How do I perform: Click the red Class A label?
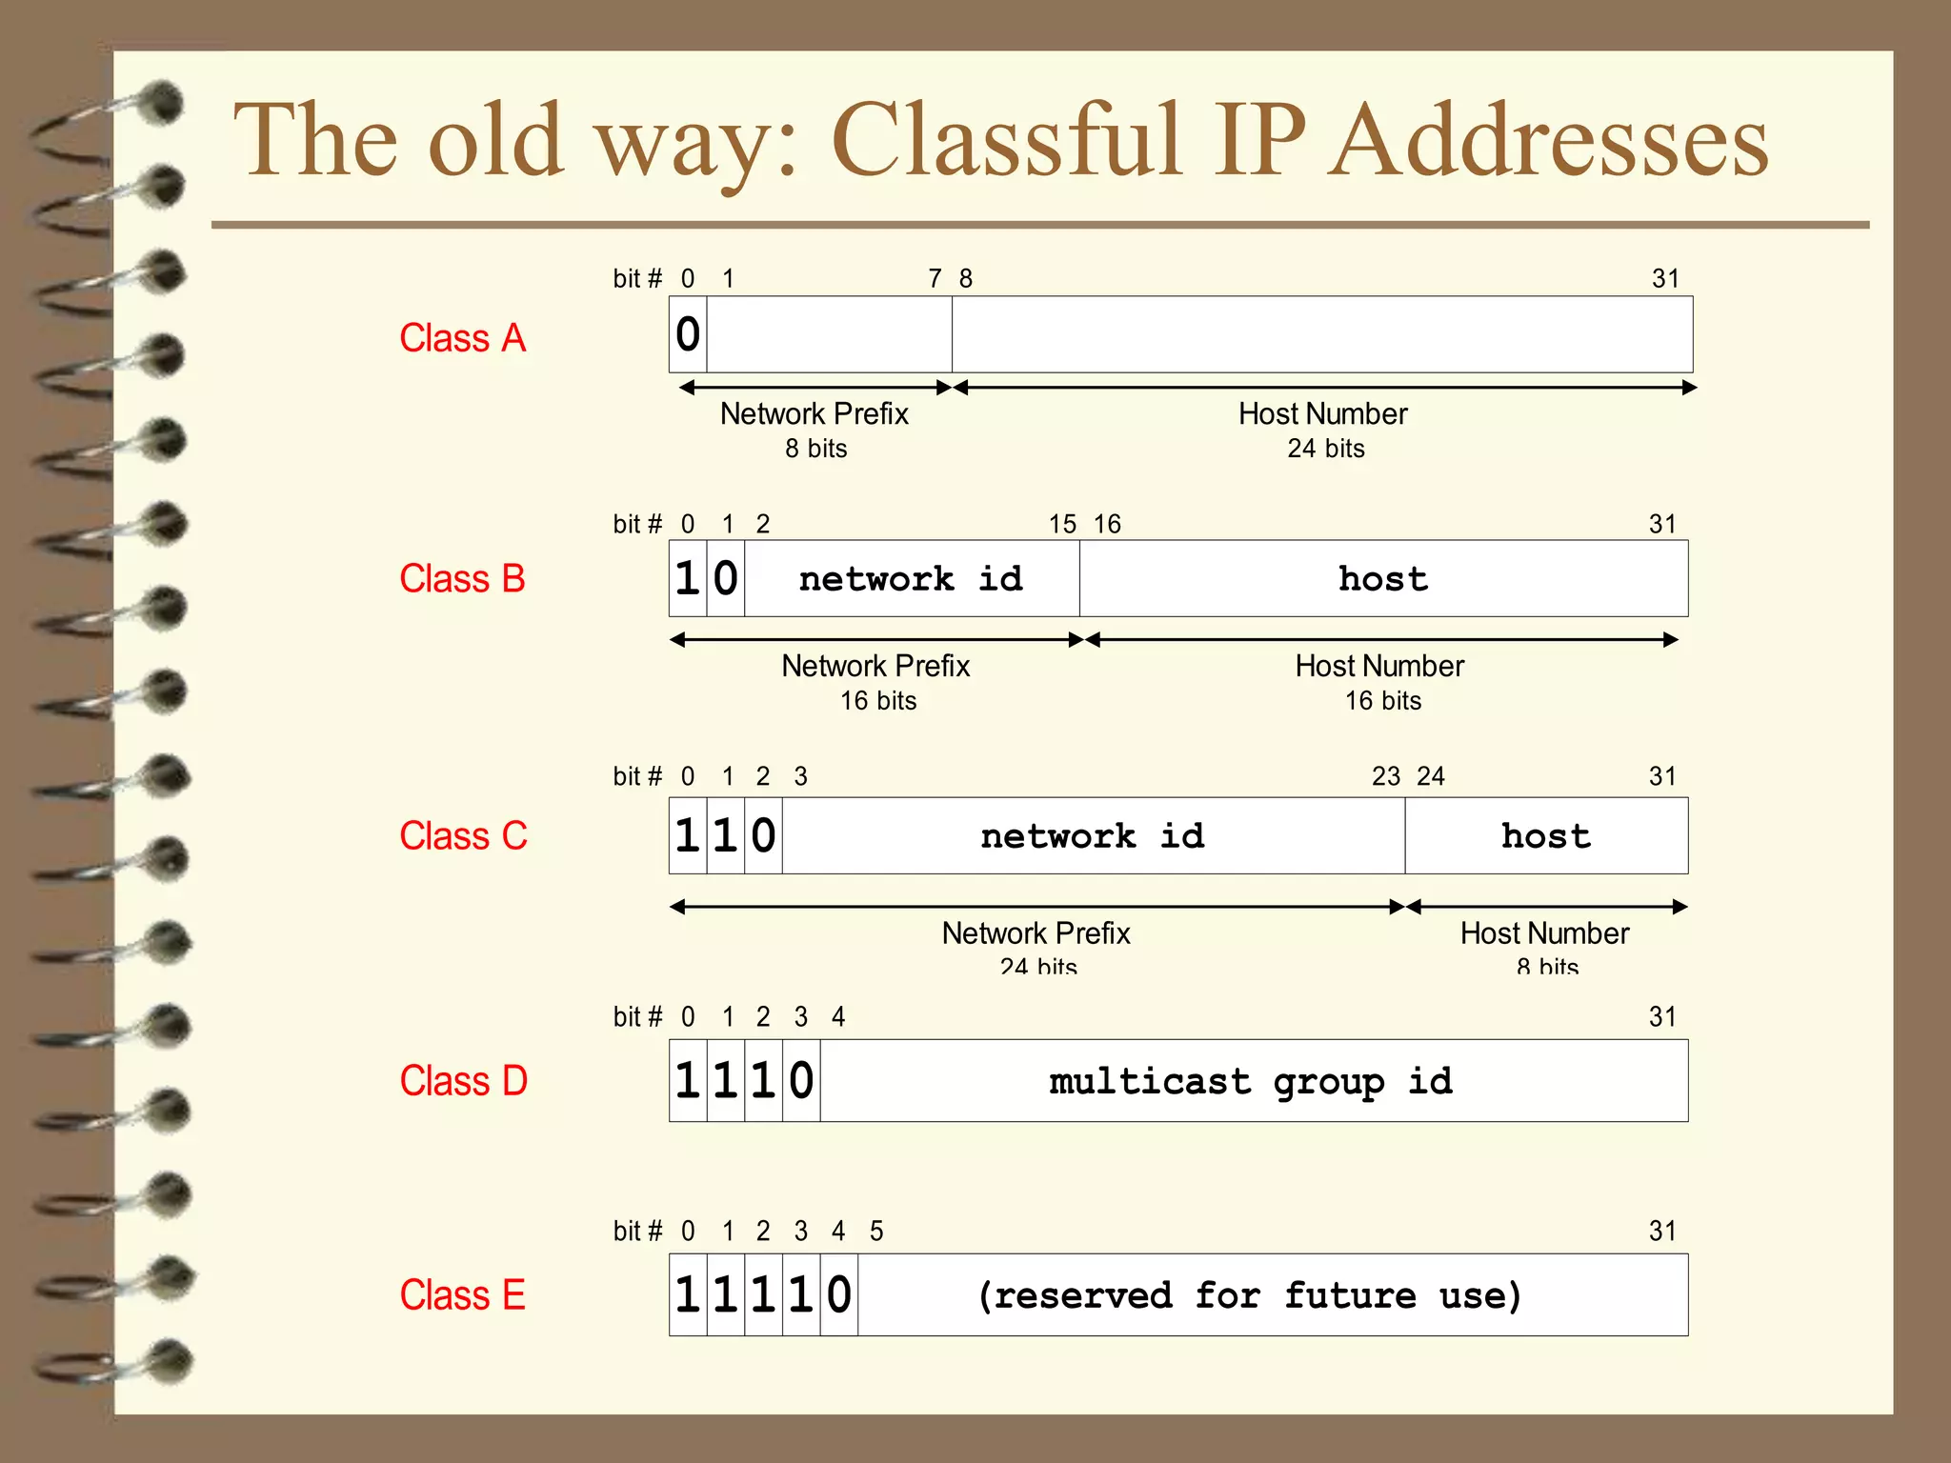(x=462, y=338)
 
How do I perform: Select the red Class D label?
(x=463, y=1081)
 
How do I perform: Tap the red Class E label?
(x=462, y=1295)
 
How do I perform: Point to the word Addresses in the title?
(x=1549, y=141)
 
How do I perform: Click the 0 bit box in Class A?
(x=688, y=334)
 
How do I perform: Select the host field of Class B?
(x=1383, y=579)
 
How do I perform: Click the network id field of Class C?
(x=1093, y=836)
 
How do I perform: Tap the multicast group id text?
(x=1251, y=1082)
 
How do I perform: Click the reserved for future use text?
(x=1249, y=1295)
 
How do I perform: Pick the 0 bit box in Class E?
(x=838, y=1295)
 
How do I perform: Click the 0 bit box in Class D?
(x=801, y=1081)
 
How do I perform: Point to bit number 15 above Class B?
(x=1062, y=524)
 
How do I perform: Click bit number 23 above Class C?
(x=1386, y=776)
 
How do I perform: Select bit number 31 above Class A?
(x=1665, y=278)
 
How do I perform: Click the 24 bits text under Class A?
(x=1326, y=449)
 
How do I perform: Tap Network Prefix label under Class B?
(x=875, y=666)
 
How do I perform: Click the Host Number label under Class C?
(x=1544, y=933)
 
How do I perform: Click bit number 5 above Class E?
(x=876, y=1231)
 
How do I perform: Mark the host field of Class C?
(x=1546, y=836)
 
